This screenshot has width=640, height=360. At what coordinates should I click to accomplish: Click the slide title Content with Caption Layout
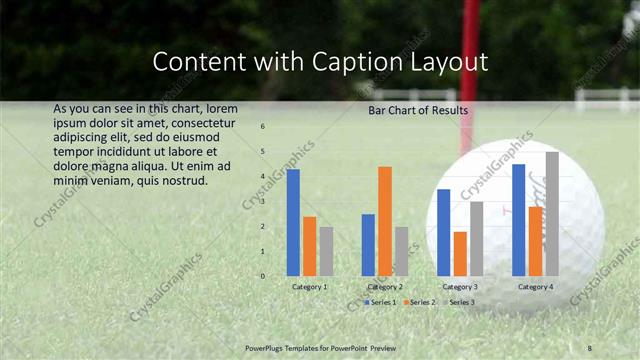click(x=320, y=62)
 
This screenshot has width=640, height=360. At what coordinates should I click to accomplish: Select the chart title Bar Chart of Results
click(x=418, y=110)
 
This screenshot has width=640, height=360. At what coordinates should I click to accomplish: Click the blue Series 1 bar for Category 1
click(x=293, y=222)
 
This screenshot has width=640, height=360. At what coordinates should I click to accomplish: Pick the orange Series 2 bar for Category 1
click(x=309, y=246)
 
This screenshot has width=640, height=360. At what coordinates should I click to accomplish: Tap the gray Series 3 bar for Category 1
click(x=326, y=251)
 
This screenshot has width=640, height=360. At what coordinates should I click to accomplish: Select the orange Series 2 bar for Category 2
click(x=384, y=221)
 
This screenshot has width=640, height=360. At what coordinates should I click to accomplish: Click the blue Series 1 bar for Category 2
click(x=368, y=245)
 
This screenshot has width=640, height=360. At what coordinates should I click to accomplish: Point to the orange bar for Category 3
click(x=460, y=254)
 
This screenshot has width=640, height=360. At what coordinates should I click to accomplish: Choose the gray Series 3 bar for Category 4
click(x=552, y=214)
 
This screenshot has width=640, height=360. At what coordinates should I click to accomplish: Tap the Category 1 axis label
click(x=310, y=287)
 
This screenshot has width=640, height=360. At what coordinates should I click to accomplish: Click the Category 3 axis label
click(x=460, y=287)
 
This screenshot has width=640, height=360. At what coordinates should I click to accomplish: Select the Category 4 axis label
click(x=536, y=287)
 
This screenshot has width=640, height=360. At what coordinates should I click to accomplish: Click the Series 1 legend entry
click(x=381, y=302)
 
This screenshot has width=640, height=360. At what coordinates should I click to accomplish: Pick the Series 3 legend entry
click(x=461, y=302)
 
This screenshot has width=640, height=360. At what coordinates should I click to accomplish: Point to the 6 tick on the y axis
click(x=262, y=127)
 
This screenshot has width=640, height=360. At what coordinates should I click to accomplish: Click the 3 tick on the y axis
click(x=262, y=202)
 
